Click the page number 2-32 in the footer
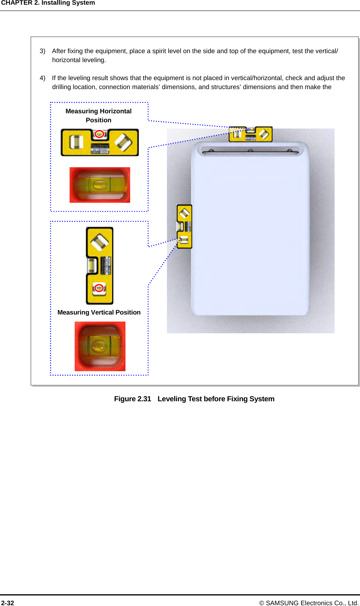(7, 603)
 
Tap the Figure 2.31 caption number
(133, 399)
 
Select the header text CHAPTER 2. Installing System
(48, 3)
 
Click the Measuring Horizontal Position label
(99, 116)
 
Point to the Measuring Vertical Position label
(99, 312)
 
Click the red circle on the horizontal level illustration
(100, 134)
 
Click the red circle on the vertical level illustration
(99, 288)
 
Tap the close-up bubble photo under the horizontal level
(100, 185)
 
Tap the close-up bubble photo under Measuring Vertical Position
(100, 346)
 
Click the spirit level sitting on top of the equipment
(251, 134)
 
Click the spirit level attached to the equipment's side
(184, 227)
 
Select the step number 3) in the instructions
(43, 51)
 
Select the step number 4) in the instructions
(43, 78)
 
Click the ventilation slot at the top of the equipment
(250, 151)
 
